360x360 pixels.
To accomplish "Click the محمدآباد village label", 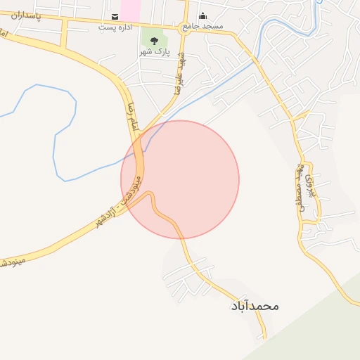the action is [x=255, y=307].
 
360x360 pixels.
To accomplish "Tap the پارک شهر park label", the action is [x=154, y=53].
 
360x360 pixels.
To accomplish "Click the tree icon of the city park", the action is [x=154, y=40].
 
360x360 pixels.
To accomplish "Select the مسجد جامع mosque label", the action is [x=202, y=26].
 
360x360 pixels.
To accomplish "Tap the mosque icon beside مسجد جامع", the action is [x=202, y=16].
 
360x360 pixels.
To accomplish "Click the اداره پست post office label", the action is [x=115, y=27].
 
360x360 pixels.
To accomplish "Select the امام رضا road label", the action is [x=131, y=117].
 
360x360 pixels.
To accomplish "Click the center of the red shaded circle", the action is [x=180, y=179].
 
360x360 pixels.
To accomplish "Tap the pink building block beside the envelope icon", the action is [x=129, y=9].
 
